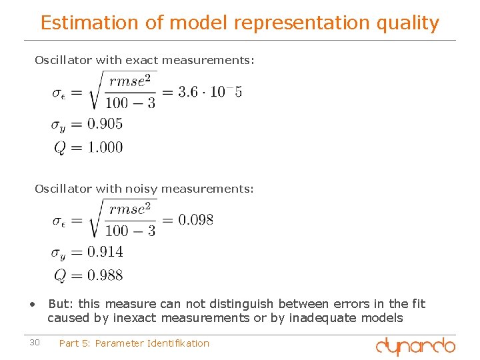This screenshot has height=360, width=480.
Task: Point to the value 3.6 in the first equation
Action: click(189, 92)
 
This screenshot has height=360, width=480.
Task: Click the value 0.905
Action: click(105, 123)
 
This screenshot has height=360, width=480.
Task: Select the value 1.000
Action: click(105, 147)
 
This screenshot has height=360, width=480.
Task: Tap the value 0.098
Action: click(197, 220)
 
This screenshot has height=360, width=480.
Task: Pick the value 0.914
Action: click(105, 252)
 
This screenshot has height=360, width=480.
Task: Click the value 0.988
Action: click(105, 275)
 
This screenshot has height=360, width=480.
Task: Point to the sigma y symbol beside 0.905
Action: click(59, 125)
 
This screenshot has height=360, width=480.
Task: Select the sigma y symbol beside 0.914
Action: click(59, 253)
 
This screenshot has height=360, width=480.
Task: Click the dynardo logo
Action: click(415, 346)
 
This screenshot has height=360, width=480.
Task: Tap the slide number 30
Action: click(35, 343)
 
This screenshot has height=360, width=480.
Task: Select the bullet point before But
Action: click(32, 304)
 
